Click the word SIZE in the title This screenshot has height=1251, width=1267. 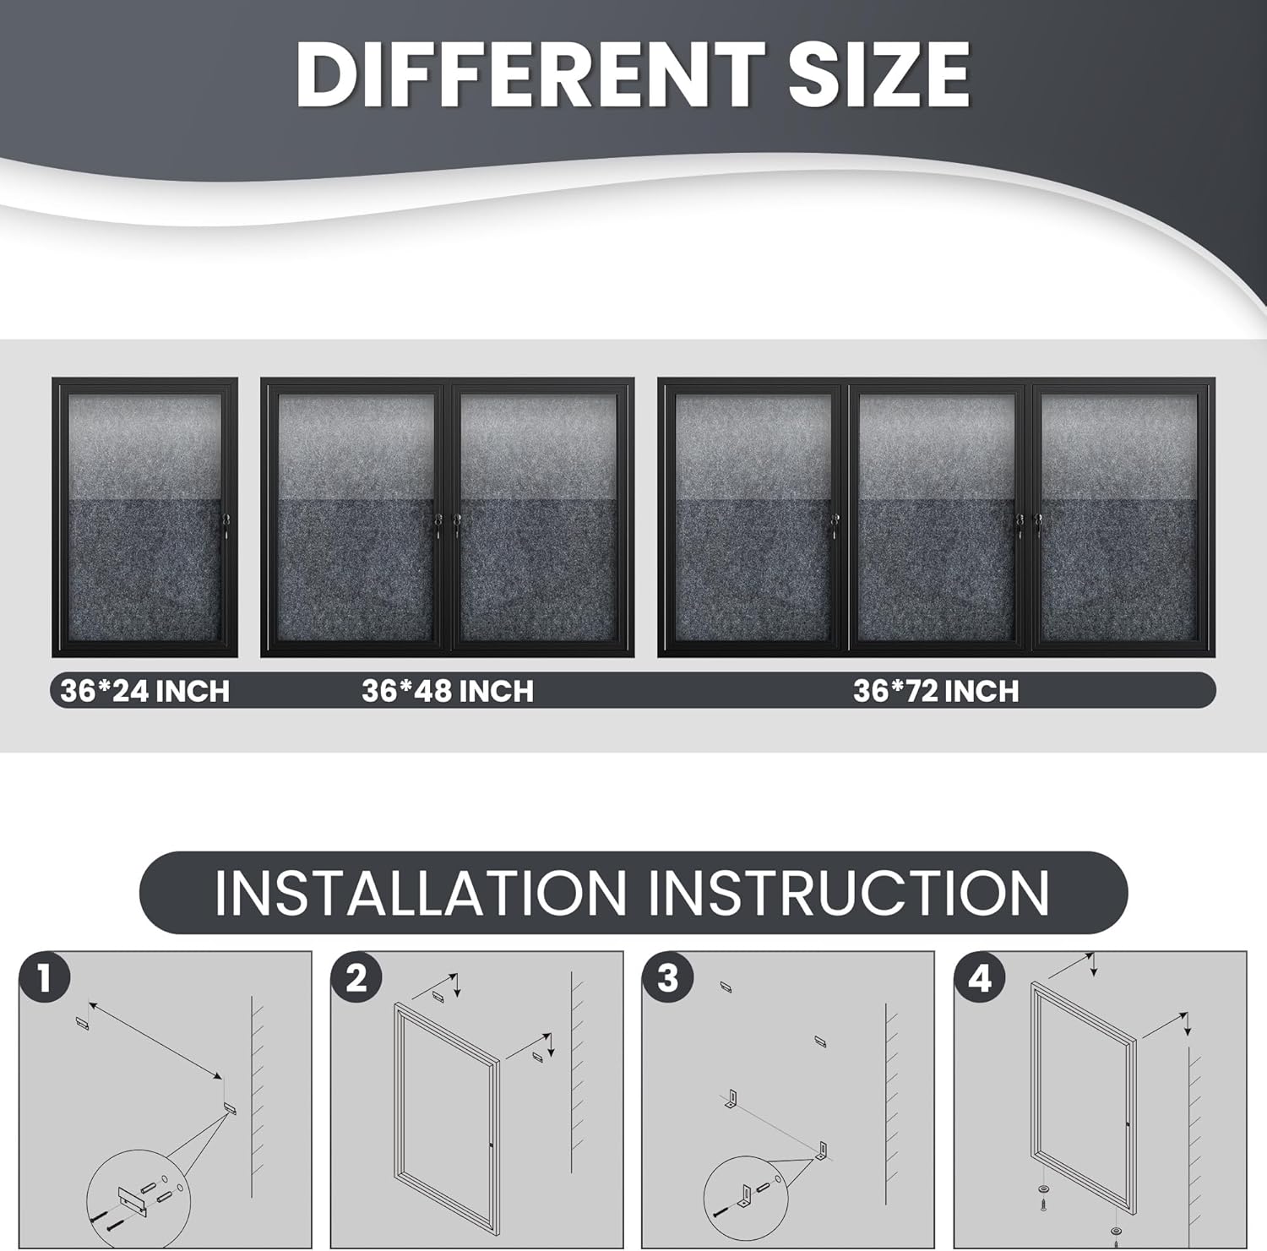879,74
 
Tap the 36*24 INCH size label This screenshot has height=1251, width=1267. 145,691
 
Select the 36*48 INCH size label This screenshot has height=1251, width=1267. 448,691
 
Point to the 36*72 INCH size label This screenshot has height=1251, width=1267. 936,691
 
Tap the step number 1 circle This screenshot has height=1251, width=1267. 44,978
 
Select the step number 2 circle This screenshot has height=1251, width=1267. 356,978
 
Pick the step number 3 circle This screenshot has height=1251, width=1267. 668,978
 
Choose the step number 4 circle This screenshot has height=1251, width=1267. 980,978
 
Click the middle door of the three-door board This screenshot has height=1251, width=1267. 937,517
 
